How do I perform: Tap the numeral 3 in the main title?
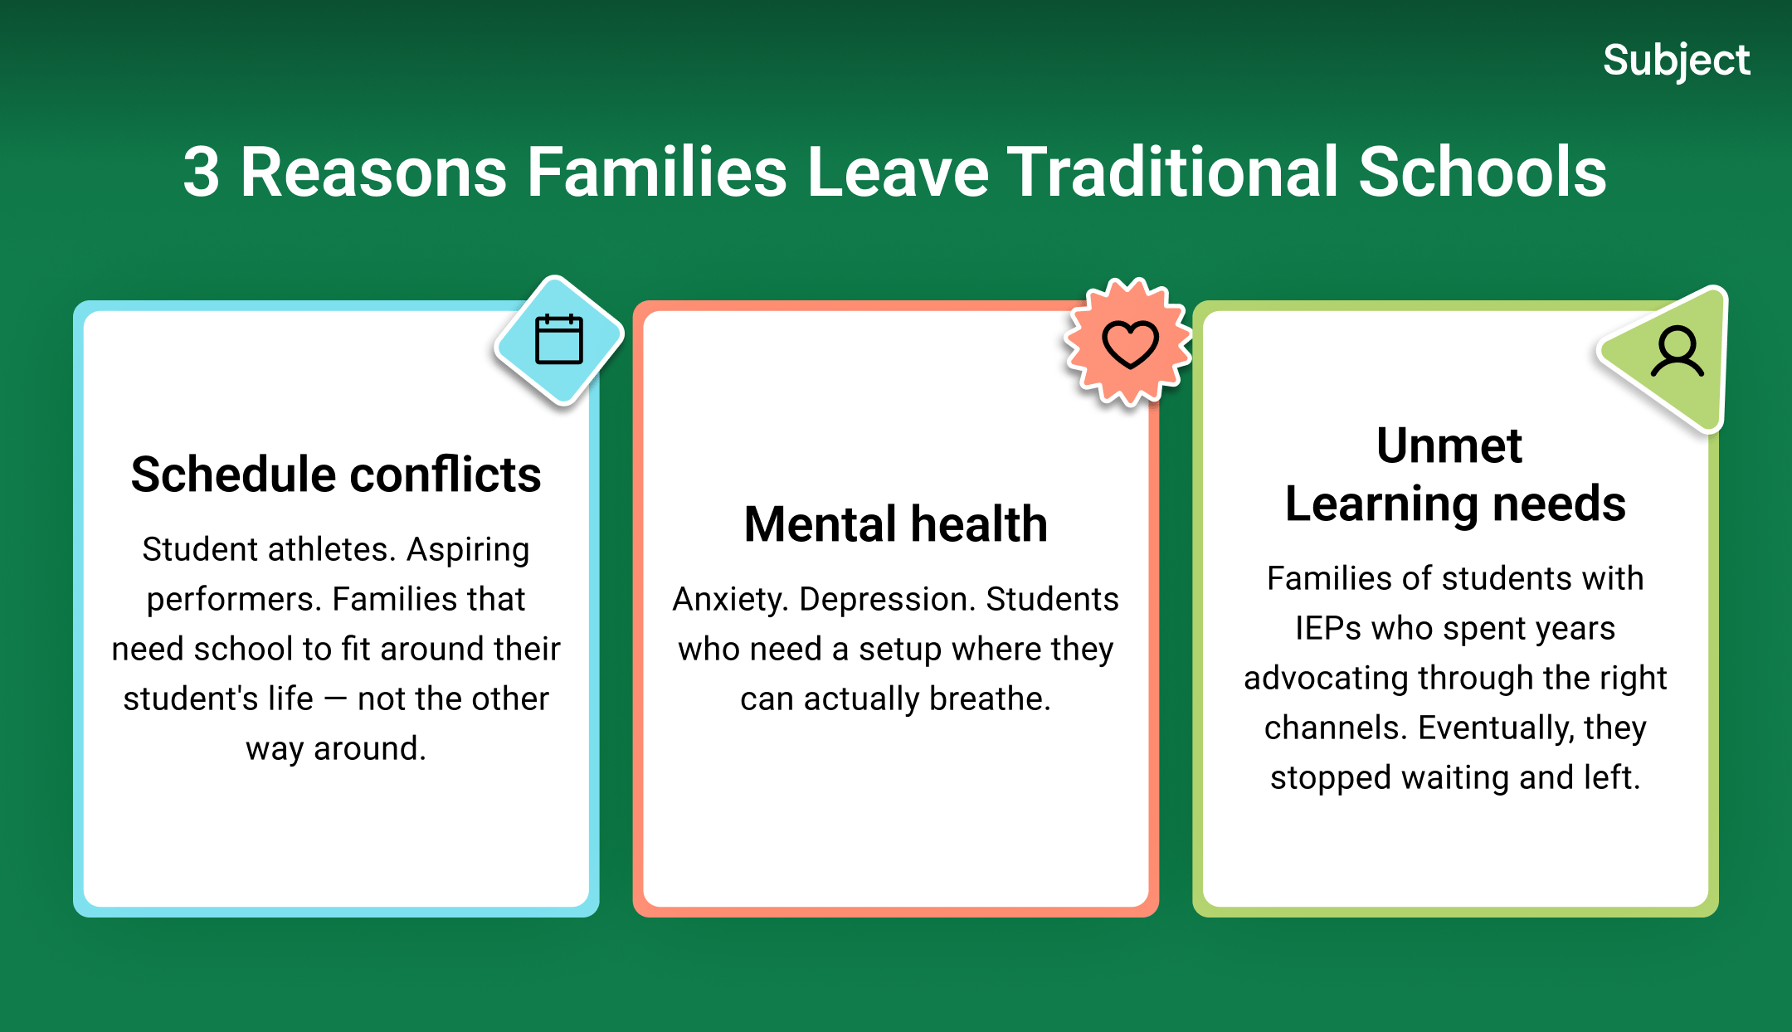click(x=202, y=173)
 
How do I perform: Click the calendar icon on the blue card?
click(x=559, y=339)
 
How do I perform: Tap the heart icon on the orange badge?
click(x=1129, y=343)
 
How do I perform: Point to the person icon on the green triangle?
click(x=1678, y=352)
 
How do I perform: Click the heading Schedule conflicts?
click(x=336, y=475)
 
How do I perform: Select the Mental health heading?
click(x=896, y=524)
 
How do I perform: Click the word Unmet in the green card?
click(x=1449, y=445)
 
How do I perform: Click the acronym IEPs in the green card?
click(x=1328, y=628)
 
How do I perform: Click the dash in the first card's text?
click(x=336, y=699)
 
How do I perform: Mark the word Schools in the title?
click(x=1483, y=172)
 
